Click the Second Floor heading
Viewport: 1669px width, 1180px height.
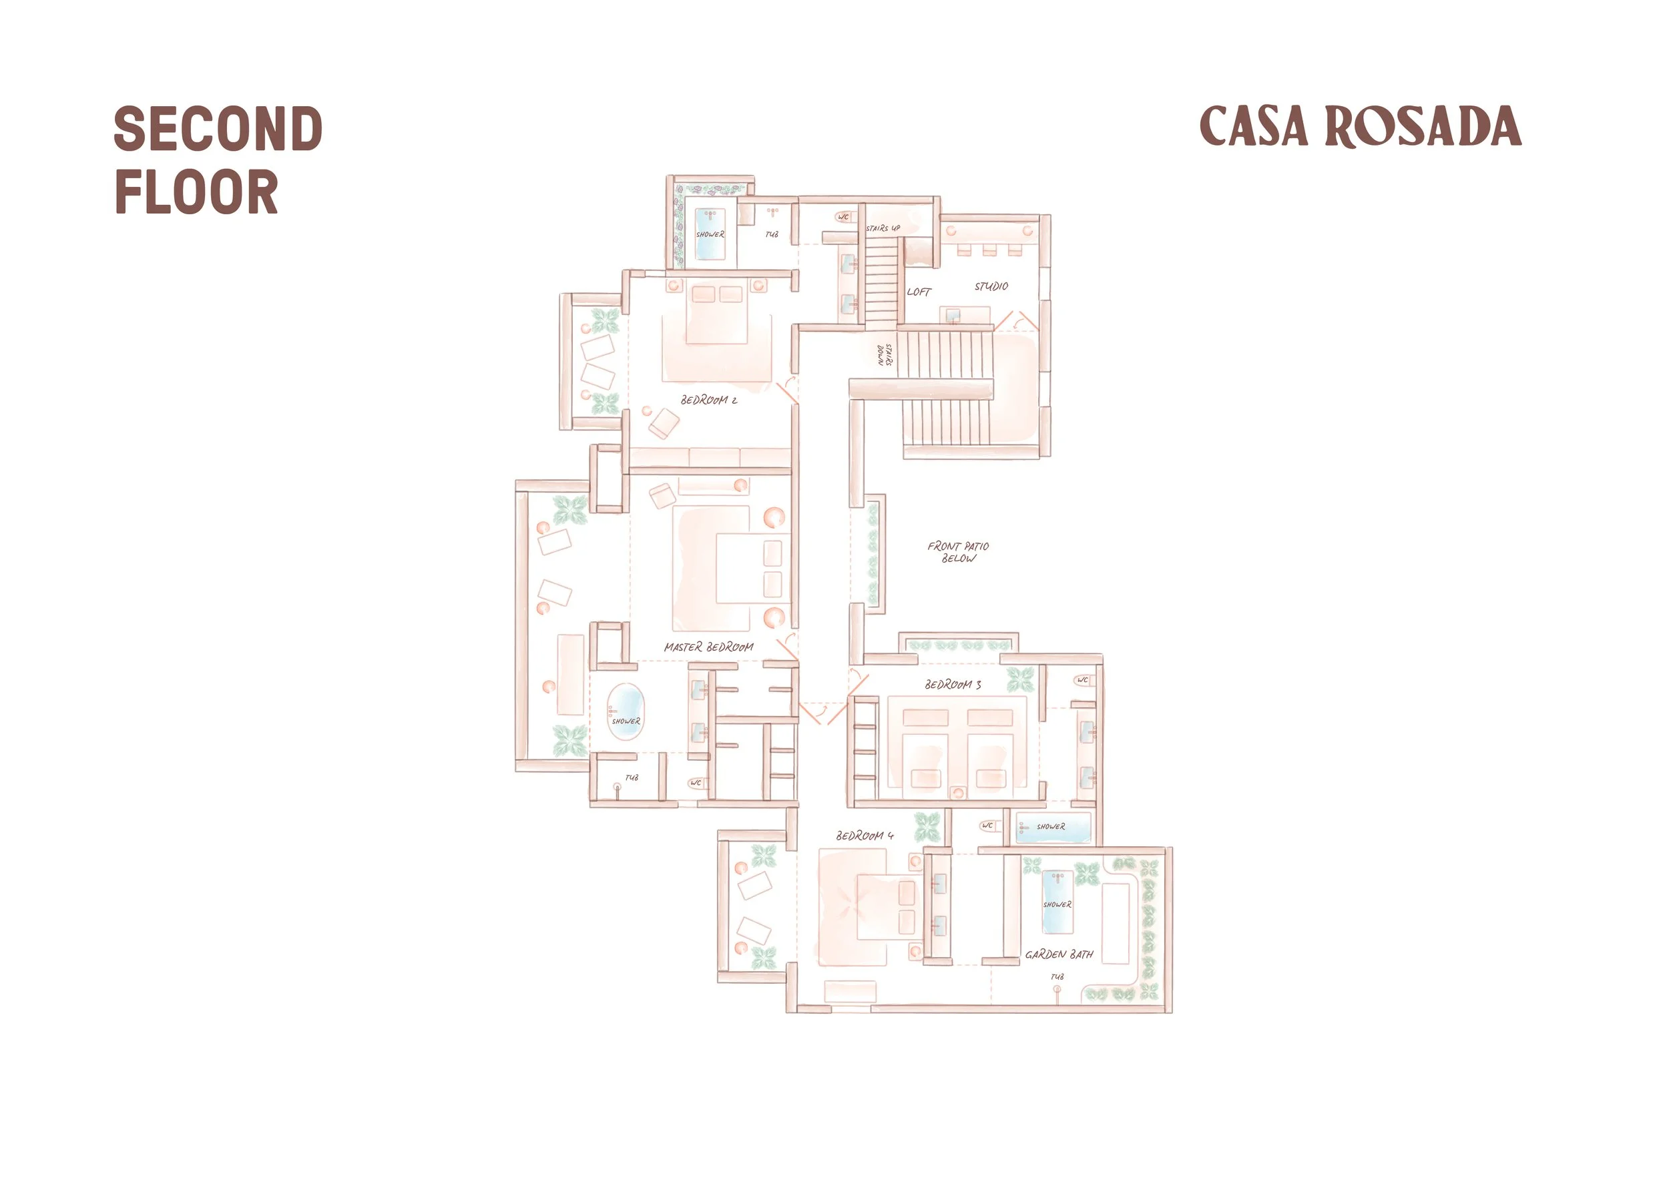[218, 160]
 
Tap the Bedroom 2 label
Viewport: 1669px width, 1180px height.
[709, 400]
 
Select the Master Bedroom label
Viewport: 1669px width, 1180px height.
[709, 647]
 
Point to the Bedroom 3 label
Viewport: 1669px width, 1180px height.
[953, 685]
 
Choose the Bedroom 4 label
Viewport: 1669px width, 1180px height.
[865, 836]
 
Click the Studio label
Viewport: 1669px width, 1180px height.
[991, 286]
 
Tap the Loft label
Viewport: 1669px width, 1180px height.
[919, 292]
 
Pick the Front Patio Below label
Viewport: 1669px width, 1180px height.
[958, 552]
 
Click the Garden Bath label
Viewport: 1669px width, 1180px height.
[1059, 954]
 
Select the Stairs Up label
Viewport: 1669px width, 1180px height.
[883, 228]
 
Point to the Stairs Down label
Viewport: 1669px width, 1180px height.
[885, 354]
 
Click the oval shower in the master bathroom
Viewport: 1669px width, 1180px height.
[626, 712]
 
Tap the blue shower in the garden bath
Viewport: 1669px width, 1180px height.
[1057, 901]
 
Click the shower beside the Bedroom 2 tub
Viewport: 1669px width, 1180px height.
[710, 234]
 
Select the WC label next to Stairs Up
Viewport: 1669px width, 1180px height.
[843, 216]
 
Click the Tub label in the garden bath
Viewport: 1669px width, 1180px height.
[1057, 977]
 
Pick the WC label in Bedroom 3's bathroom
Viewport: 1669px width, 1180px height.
[1083, 680]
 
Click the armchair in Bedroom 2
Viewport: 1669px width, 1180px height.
[664, 424]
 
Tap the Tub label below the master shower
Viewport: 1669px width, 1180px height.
[632, 778]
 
